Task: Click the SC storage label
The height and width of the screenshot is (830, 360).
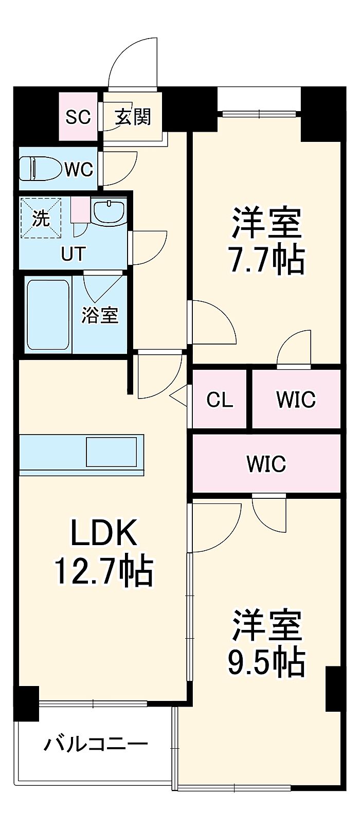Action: pos(78,117)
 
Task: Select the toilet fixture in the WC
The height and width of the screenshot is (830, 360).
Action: pos(41,168)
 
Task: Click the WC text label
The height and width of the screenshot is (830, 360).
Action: pos(79,170)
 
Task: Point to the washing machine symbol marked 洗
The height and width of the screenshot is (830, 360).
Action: pos(41,218)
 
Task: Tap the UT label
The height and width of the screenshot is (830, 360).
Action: pos(74,254)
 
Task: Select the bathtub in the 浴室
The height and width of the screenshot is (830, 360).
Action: pos(48,314)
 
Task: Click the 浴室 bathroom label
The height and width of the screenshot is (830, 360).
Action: pos(100,315)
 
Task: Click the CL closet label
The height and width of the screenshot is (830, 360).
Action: pos(220,400)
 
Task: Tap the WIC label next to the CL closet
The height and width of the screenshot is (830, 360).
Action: pos(296,400)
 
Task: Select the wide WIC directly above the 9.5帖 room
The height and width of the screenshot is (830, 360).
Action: pos(266,463)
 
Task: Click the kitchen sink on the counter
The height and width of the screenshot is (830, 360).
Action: pos(111,452)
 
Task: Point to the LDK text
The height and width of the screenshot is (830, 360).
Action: pos(104,532)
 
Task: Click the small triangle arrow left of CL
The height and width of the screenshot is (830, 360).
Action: pos(178,396)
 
